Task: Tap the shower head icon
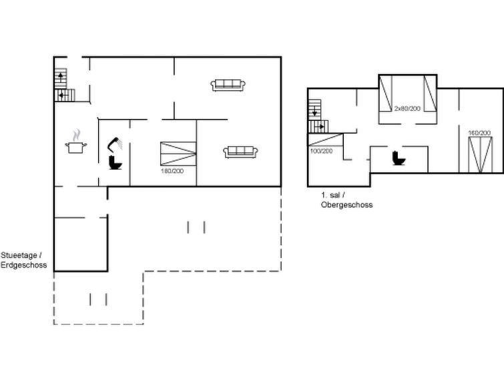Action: pyautogui.click(x=114, y=144)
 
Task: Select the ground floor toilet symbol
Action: pyautogui.click(x=115, y=162)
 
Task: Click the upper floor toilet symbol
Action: pyautogui.click(x=399, y=158)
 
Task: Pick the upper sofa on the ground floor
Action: pyautogui.click(x=228, y=85)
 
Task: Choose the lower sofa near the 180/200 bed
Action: pyautogui.click(x=240, y=152)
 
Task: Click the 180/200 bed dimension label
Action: pyautogui.click(x=172, y=171)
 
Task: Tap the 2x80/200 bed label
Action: pyautogui.click(x=407, y=108)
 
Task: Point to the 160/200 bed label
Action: pyautogui.click(x=479, y=133)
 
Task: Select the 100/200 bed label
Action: pyautogui.click(x=321, y=151)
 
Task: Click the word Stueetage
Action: pyautogui.click(x=19, y=255)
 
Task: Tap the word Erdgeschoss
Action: pyautogui.click(x=24, y=265)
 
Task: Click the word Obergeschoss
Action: pyautogui.click(x=347, y=204)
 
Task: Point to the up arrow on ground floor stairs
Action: pyautogui.click(x=61, y=77)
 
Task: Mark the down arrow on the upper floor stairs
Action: pyautogui.click(x=314, y=111)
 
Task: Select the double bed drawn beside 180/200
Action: pyautogui.click(x=178, y=154)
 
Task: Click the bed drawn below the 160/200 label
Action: pyautogui.click(x=480, y=155)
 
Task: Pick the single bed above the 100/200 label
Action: pyautogui.click(x=326, y=140)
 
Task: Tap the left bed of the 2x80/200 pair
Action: pyautogui.click(x=385, y=93)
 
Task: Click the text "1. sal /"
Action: pyautogui.click(x=333, y=195)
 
